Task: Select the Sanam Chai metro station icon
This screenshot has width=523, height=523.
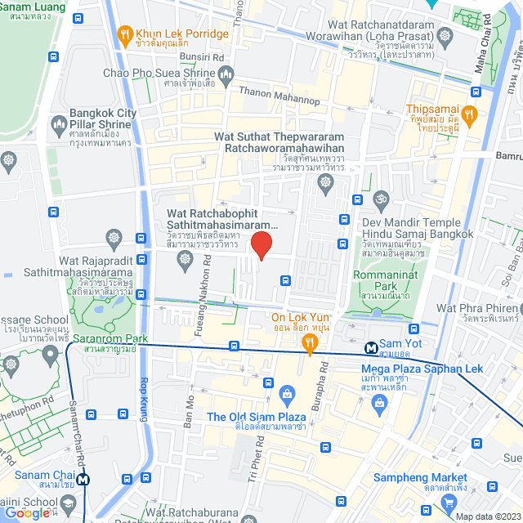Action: click(x=84, y=481)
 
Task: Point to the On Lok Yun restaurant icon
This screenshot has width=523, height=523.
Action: click(x=309, y=345)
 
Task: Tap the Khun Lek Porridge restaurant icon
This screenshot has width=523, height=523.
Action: click(x=125, y=34)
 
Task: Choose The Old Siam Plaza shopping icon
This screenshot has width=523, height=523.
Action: click(x=286, y=395)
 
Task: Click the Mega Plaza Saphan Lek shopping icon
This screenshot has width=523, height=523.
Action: click(x=378, y=402)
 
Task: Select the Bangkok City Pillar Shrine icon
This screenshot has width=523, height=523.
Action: click(x=58, y=124)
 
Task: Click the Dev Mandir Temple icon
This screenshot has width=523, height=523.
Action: click(x=380, y=199)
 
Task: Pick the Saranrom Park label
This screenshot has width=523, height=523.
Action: click(x=110, y=338)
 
